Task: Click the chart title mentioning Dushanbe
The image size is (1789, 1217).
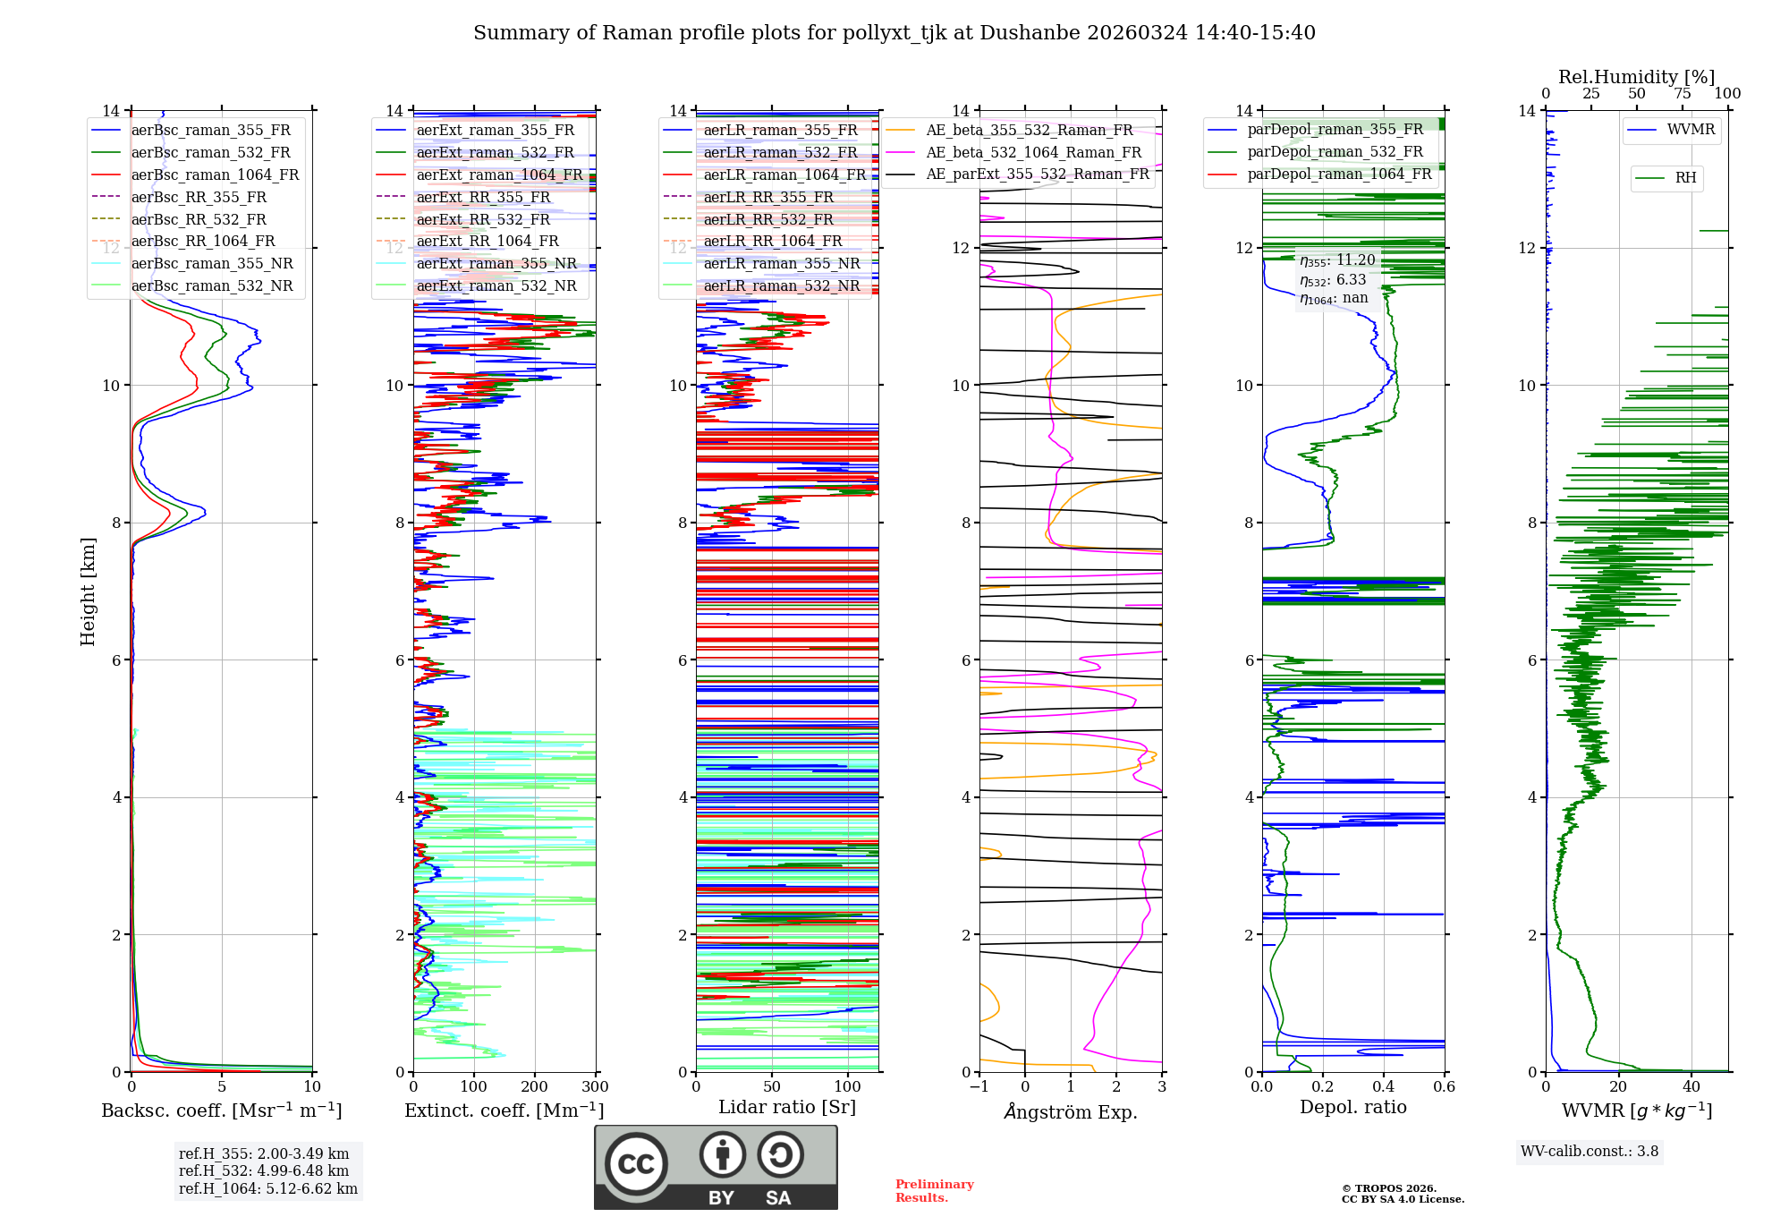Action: click(x=894, y=33)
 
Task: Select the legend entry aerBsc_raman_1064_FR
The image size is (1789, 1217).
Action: click(x=215, y=174)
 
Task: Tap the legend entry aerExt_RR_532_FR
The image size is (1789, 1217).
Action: click(x=483, y=219)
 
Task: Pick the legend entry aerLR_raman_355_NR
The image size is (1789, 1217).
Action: click(x=781, y=263)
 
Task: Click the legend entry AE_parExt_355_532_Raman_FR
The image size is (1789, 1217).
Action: click(x=1037, y=174)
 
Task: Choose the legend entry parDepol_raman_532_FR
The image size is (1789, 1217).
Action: click(x=1335, y=152)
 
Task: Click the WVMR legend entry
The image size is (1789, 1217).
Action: click(x=1690, y=130)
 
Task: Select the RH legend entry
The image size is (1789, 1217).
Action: click(x=1684, y=178)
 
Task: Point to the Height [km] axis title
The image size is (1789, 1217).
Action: click(x=88, y=591)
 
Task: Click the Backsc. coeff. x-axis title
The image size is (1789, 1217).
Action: click(x=221, y=1111)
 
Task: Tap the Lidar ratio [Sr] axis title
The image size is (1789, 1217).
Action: click(x=787, y=1107)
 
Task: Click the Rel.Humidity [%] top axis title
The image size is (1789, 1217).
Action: click(x=1636, y=77)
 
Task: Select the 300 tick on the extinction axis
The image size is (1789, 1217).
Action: click(x=595, y=1087)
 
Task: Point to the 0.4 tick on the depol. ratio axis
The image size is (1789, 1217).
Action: click(x=1383, y=1087)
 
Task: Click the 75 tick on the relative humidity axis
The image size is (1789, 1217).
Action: click(x=1683, y=93)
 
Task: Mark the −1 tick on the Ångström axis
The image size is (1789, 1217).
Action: click(x=979, y=1087)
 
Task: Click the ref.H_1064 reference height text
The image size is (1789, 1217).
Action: click(x=267, y=1188)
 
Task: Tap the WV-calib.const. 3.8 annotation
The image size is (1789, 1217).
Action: click(x=1590, y=1152)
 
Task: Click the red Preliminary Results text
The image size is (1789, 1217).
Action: click(x=934, y=1191)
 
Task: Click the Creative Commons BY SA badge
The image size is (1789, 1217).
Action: click(x=716, y=1168)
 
